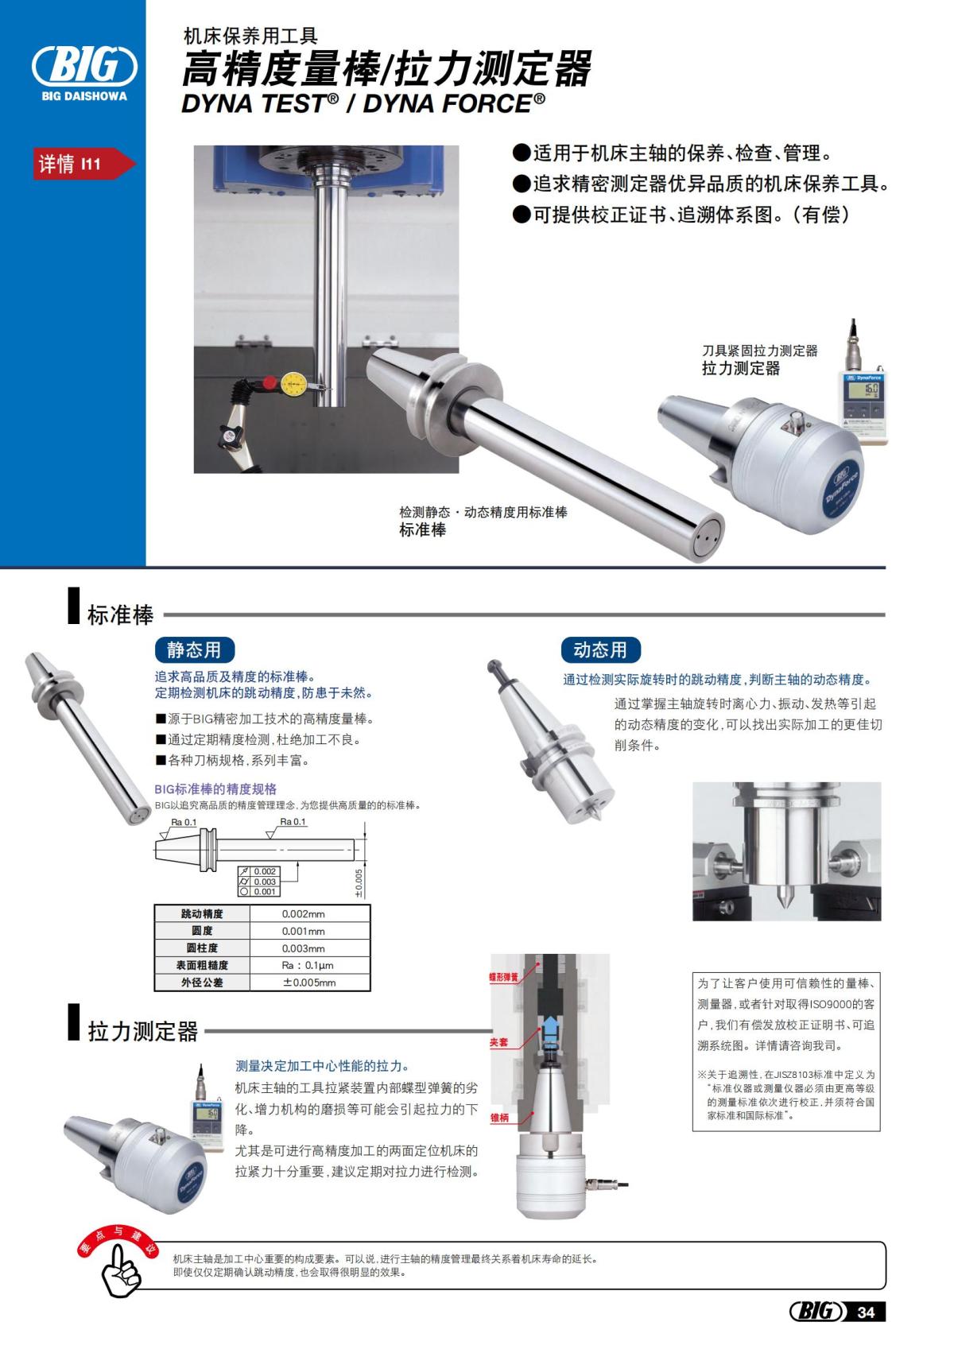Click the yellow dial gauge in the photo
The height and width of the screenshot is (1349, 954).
[x=293, y=385]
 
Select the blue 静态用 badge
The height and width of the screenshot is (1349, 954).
[x=194, y=649]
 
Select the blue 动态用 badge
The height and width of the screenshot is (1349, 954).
[x=600, y=649]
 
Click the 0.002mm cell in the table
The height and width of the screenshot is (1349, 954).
[x=304, y=914]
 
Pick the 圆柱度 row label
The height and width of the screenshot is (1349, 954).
[x=202, y=948]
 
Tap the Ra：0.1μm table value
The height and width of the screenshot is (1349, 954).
[x=308, y=965]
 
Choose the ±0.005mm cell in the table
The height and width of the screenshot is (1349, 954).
[x=309, y=983]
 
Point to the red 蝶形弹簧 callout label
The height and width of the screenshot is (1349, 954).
[x=503, y=977]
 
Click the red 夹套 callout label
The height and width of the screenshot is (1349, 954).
[x=499, y=1041]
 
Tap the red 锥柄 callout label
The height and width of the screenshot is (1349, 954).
[x=499, y=1118]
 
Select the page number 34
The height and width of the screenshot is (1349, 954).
[x=866, y=1312]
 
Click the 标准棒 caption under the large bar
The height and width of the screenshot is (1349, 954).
[x=422, y=530]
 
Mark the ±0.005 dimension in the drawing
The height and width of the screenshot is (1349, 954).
[x=359, y=882]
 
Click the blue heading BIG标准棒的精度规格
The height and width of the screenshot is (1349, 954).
[x=215, y=789]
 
